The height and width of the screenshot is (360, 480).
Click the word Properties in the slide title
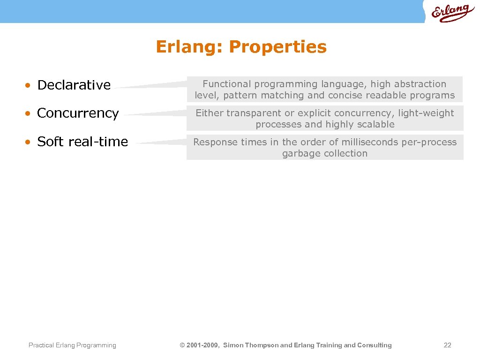[278, 47]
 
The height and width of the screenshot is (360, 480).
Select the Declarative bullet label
[74, 85]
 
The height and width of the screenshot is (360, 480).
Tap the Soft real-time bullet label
[82, 141]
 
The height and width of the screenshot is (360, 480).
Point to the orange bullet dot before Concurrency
[29, 114]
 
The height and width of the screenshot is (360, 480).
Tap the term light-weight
[426, 113]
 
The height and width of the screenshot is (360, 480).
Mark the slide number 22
[447, 345]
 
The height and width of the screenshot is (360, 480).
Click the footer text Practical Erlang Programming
[72, 345]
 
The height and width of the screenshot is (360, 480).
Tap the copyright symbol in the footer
[182, 345]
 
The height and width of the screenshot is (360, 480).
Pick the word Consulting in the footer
[375, 345]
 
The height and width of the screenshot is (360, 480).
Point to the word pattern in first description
[242, 95]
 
